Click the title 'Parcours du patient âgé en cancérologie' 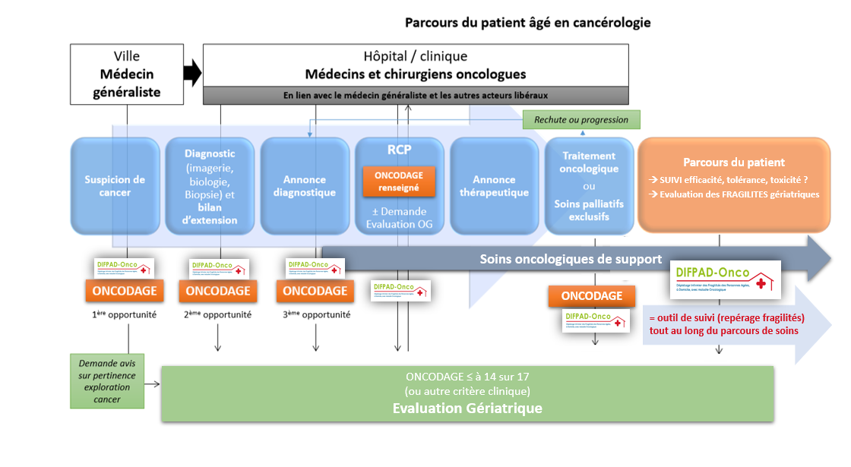pyautogui.click(x=527, y=23)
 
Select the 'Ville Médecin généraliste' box pyautogui.click(x=128, y=74)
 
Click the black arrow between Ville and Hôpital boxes pyautogui.click(x=193, y=74)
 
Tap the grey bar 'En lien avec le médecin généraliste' pyautogui.click(x=416, y=96)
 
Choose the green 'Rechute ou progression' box pyautogui.click(x=581, y=119)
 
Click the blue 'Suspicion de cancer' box pyautogui.click(x=115, y=186)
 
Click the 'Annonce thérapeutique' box pyautogui.click(x=494, y=186)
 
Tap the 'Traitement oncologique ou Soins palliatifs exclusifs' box pyautogui.click(x=589, y=186)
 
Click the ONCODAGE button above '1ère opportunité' pyautogui.click(x=124, y=291)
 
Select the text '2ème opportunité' pyautogui.click(x=218, y=314)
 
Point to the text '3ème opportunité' pyautogui.click(x=315, y=314)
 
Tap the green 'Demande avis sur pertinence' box pyautogui.click(x=107, y=380)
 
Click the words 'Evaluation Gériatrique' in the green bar pyautogui.click(x=467, y=408)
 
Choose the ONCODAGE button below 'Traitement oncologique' pyautogui.click(x=590, y=296)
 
